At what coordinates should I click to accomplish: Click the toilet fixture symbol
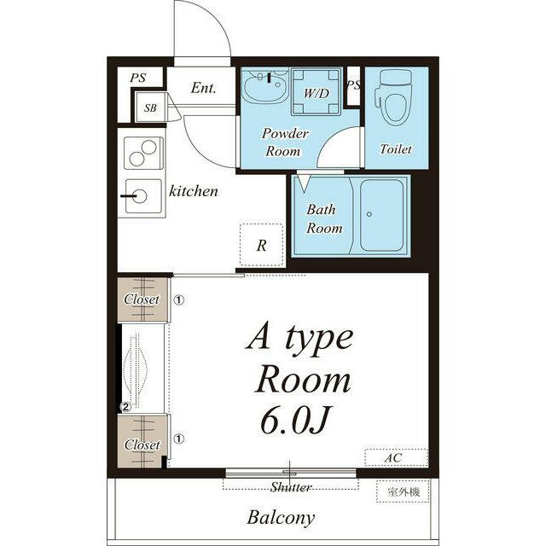pyautogui.click(x=393, y=96)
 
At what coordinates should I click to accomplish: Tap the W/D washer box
pyautogui.click(x=316, y=91)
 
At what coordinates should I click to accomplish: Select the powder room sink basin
pyautogui.click(x=265, y=86)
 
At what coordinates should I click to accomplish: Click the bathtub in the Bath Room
pyautogui.click(x=381, y=215)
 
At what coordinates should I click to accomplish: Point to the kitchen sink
pyautogui.click(x=143, y=196)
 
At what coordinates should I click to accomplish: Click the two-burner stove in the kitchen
pyautogui.click(x=144, y=153)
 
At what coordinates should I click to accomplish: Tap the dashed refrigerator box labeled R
pyautogui.click(x=261, y=245)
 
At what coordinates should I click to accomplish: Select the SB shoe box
pyautogui.click(x=150, y=107)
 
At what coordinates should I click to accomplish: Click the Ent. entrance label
pyautogui.click(x=203, y=88)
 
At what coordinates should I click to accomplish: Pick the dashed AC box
pyautogui.click(x=396, y=457)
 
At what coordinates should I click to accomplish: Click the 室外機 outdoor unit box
pyautogui.click(x=403, y=491)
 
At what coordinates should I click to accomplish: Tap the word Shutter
pyautogui.click(x=291, y=487)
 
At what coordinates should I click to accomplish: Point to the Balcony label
pyautogui.click(x=281, y=518)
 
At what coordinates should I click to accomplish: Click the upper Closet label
pyautogui.click(x=142, y=299)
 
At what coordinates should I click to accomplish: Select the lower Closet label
pyautogui.click(x=142, y=444)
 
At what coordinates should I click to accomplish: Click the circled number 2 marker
pyautogui.click(x=125, y=406)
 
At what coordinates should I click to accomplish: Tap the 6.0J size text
pyautogui.click(x=294, y=421)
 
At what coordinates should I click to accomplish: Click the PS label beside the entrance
pyautogui.click(x=138, y=78)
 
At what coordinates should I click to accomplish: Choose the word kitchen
pyautogui.click(x=194, y=191)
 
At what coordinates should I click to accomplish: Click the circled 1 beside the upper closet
pyautogui.click(x=179, y=299)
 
